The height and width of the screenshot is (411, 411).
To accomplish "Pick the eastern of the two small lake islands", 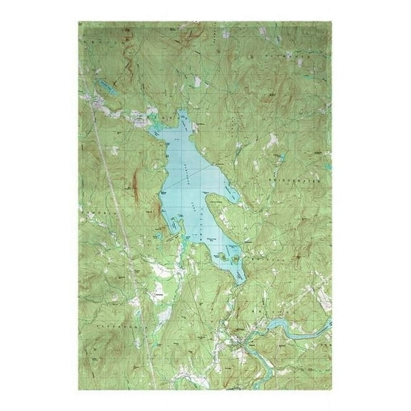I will tap(231, 255).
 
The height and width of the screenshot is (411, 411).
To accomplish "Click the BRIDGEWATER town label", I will tap(304, 183).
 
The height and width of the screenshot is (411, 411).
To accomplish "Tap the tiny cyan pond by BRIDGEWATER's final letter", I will tap(325, 188).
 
